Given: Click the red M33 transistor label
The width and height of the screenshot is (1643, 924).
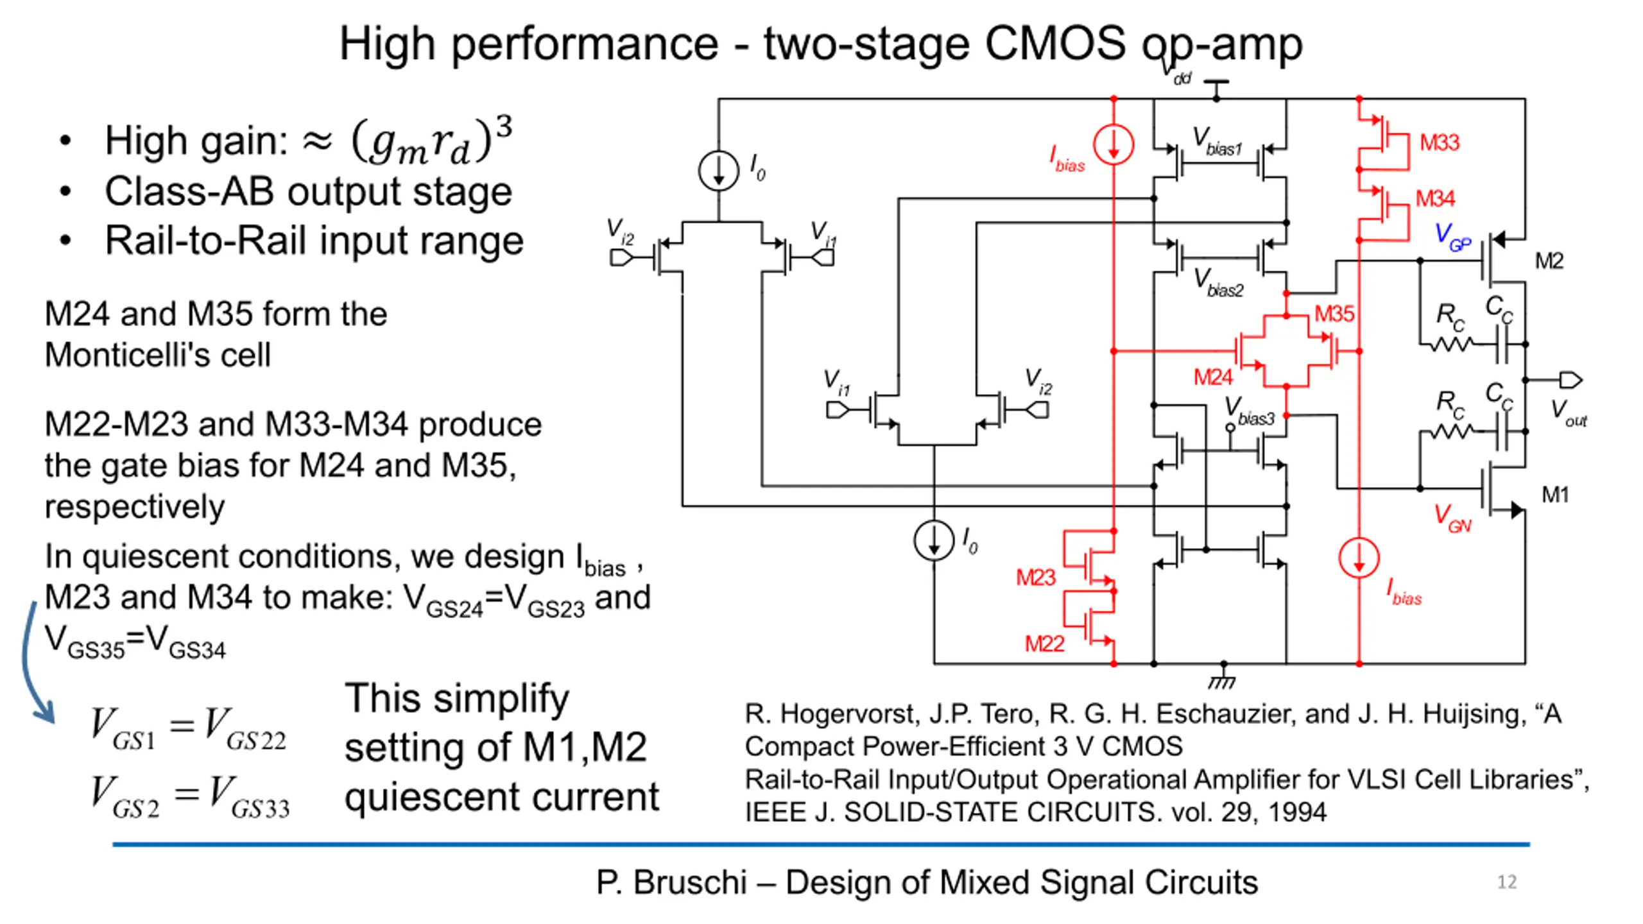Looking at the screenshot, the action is [x=1439, y=142].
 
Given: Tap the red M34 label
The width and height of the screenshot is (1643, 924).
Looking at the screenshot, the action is [x=1435, y=198].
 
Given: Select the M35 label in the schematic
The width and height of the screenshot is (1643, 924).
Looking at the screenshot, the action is [x=1334, y=314].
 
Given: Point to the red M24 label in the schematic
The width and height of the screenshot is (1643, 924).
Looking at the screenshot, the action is [x=1213, y=377].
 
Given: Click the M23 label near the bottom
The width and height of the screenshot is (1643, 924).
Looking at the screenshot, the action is [x=1035, y=577].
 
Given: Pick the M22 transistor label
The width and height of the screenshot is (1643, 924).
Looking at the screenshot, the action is [x=1044, y=644].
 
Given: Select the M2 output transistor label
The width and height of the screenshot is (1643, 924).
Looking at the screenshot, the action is [x=1549, y=261].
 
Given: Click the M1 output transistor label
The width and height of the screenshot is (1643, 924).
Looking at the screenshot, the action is [x=1555, y=495].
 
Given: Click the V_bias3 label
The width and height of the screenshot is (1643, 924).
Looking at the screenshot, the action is [x=1249, y=411].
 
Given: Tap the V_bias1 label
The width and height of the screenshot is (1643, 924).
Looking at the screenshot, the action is [x=1217, y=141].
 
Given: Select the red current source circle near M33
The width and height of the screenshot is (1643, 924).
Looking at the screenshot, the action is [x=1114, y=144].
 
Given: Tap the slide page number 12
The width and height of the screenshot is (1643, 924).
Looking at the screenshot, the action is [x=1507, y=882].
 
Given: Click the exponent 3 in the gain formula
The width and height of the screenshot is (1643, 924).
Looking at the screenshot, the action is [x=504, y=127].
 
